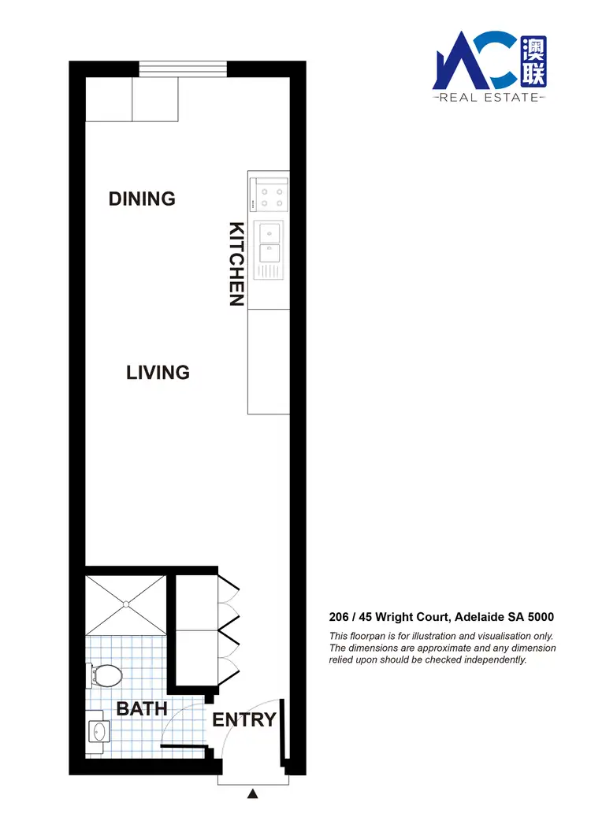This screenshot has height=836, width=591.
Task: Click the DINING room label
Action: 142,199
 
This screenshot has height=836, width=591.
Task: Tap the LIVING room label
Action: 158,372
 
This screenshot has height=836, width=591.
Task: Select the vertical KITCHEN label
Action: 236,264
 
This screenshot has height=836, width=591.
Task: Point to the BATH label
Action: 142,708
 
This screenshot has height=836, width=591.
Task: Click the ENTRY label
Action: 244,719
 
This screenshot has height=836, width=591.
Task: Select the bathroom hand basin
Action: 98,731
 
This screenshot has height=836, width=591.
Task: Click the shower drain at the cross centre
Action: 126,604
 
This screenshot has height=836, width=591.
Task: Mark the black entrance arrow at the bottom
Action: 253,794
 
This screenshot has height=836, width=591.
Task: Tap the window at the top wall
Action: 183,69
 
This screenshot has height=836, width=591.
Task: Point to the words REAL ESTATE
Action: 489,98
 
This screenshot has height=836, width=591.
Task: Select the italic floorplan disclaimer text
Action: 442,648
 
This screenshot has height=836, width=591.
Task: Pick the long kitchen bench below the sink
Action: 269,361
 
